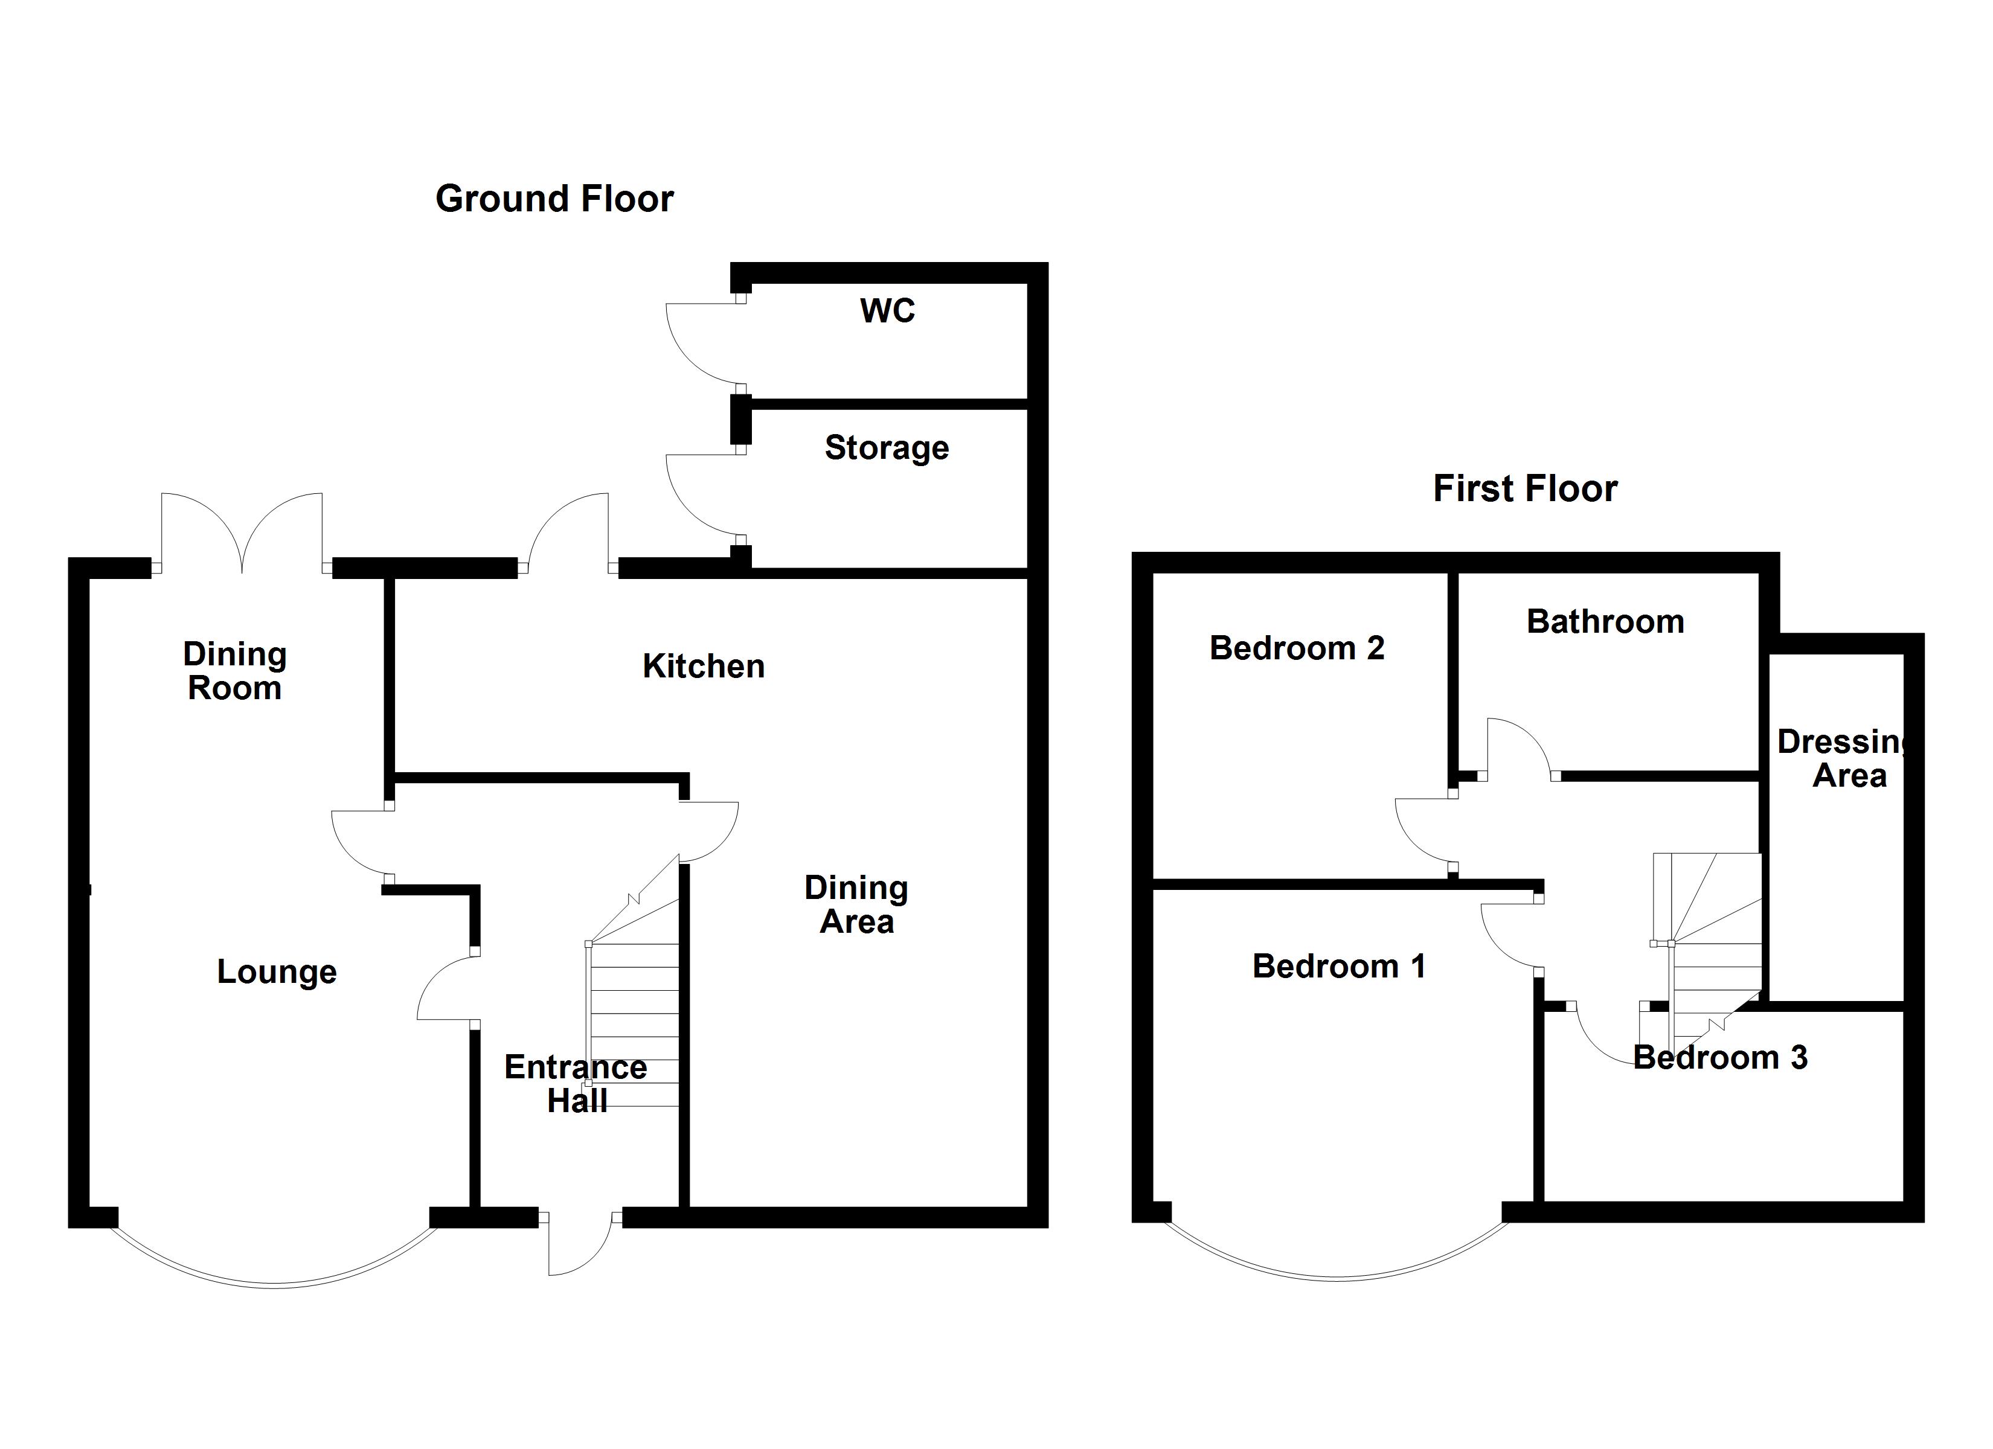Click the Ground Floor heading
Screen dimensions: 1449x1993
coord(554,199)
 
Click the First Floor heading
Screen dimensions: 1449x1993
coord(1524,488)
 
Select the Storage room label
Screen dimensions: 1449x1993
coord(887,448)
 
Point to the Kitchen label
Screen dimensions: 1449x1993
coord(703,666)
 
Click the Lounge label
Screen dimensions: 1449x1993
coord(277,972)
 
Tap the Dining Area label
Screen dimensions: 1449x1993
coord(856,904)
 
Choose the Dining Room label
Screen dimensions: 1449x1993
coord(234,671)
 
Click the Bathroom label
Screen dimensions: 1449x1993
coord(1605,622)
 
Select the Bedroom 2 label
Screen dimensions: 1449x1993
coord(1297,648)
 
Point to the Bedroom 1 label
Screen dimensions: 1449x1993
coord(1338,967)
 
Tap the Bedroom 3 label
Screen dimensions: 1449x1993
coord(1719,1057)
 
